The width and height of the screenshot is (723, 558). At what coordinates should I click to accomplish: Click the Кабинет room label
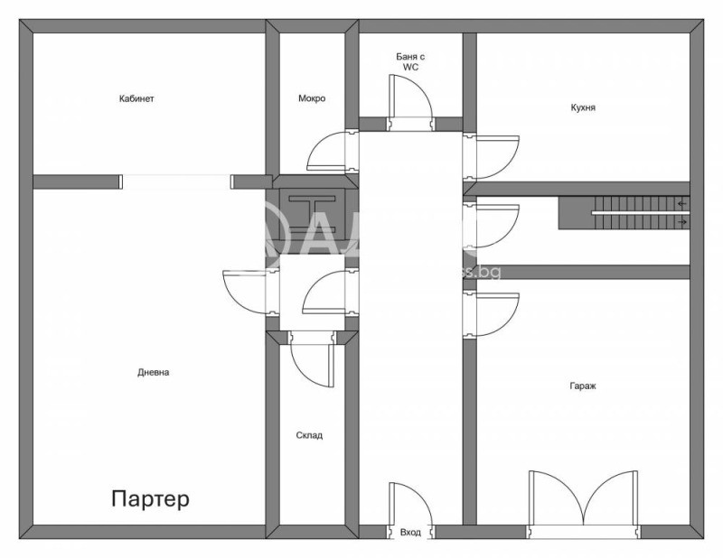pyautogui.click(x=136, y=99)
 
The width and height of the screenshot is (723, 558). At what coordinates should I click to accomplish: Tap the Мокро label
pyautogui.click(x=312, y=99)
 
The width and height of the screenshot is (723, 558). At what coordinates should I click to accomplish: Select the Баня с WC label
pyautogui.click(x=410, y=61)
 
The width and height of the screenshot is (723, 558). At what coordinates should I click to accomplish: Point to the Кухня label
pyautogui.click(x=583, y=107)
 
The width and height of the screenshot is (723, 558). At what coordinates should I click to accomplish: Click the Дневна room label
pyautogui.click(x=154, y=372)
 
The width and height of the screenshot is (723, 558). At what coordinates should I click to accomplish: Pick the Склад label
pyautogui.click(x=309, y=435)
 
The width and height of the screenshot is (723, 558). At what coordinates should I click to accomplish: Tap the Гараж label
pyautogui.click(x=583, y=386)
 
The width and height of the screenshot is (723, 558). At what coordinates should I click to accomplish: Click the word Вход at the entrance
pyautogui.click(x=410, y=533)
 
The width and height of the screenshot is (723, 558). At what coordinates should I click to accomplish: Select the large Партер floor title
pyautogui.click(x=151, y=498)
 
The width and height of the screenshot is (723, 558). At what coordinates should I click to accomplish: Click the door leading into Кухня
pyautogui.click(x=492, y=155)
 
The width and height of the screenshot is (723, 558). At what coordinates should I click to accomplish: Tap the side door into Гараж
pyautogui.click(x=492, y=312)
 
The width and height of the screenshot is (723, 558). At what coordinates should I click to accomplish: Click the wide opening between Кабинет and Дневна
pyautogui.click(x=176, y=181)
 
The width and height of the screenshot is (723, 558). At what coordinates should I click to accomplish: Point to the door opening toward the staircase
pyautogui.click(x=492, y=224)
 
